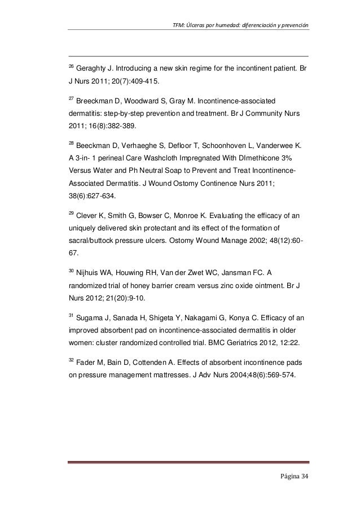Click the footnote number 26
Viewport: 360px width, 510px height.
click(71, 67)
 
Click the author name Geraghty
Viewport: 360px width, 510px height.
click(93, 69)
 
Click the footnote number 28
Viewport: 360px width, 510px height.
click(71, 142)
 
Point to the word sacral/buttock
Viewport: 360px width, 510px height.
click(91, 240)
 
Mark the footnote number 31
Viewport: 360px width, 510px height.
click(71, 315)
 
